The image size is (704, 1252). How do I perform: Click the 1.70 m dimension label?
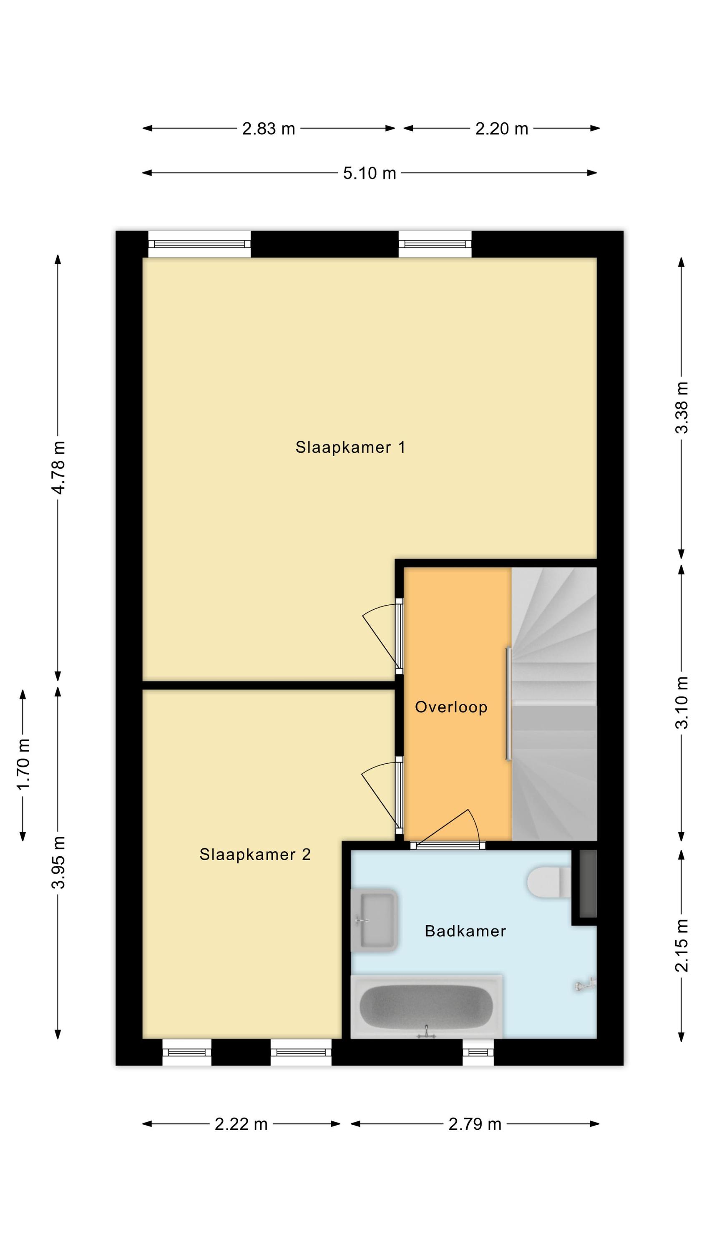[x=23, y=765]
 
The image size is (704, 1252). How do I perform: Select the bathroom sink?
[x=374, y=920]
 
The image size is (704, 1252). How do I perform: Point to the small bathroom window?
[x=478, y=1052]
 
